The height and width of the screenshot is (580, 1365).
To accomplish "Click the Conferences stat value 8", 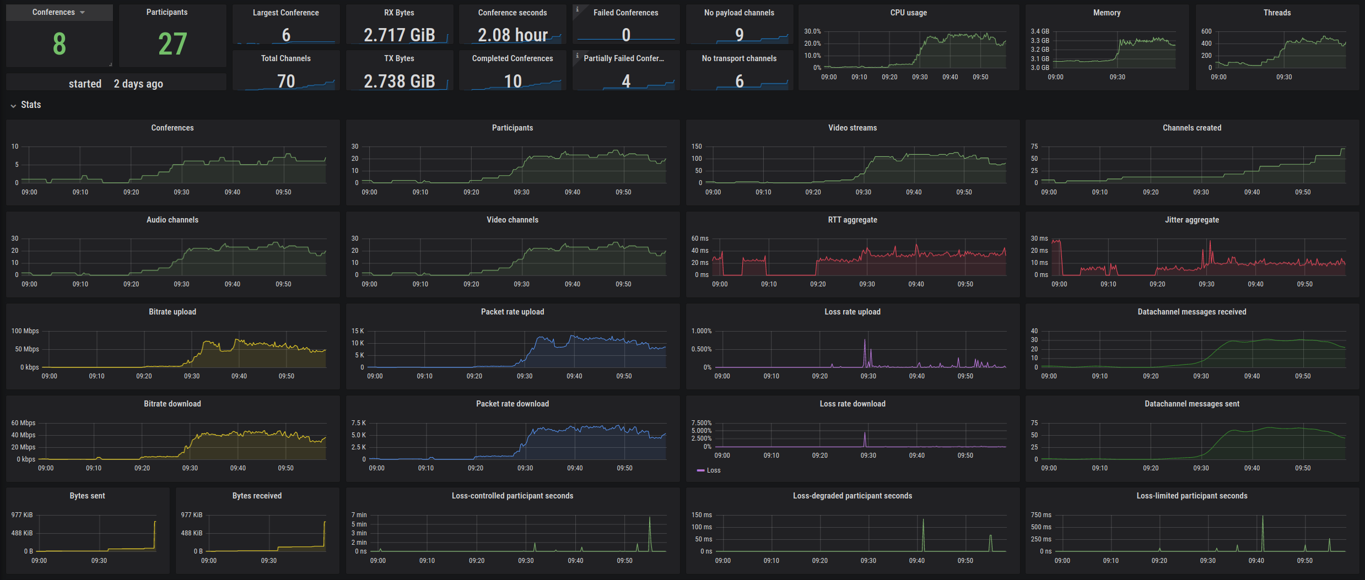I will [60, 44].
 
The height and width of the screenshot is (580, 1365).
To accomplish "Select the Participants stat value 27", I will [172, 44].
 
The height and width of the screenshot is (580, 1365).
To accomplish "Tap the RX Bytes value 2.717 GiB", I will [399, 35].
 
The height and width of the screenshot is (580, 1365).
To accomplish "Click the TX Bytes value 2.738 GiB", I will [399, 82].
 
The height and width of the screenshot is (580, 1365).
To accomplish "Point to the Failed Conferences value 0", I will [626, 35].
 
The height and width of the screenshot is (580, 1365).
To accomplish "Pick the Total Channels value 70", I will [286, 82].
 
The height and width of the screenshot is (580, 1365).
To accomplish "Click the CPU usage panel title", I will [908, 13].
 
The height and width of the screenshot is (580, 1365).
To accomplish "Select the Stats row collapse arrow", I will [13, 105].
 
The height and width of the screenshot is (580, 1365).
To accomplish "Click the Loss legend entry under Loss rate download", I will [713, 470].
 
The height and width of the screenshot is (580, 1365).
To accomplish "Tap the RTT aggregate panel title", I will [852, 220].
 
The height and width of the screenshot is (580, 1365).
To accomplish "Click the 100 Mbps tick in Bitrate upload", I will [25, 331].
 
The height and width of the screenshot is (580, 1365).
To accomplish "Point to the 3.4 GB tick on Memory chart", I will [1040, 31].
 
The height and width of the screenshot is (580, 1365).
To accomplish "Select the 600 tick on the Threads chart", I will [1206, 31].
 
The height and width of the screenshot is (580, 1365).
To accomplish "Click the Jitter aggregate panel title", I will [1191, 220].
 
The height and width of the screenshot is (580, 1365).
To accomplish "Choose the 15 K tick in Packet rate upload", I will [358, 331].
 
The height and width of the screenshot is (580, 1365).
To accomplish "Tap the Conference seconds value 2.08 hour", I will [512, 35].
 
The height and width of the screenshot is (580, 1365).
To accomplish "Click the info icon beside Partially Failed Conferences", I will [577, 55].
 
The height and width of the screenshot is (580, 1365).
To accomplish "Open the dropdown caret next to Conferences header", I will [83, 12].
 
